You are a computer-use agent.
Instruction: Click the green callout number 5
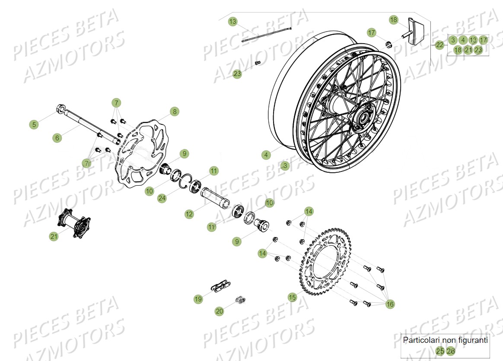coord(34,125)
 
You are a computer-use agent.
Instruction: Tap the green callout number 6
coord(57,138)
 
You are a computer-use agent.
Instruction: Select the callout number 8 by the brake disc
coord(174,112)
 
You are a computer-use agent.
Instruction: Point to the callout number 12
coord(189,214)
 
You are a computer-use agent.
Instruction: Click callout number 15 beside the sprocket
coord(293,297)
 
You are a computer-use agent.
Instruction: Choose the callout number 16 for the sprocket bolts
coord(390,304)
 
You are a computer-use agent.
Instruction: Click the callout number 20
coord(220,310)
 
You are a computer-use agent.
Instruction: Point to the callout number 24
coord(162,198)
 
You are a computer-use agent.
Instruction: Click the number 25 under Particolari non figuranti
coord(440,351)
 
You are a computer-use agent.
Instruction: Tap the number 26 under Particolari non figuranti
coord(451,351)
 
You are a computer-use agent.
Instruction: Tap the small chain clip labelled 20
coord(241,299)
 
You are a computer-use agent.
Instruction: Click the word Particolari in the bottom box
coord(419,340)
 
